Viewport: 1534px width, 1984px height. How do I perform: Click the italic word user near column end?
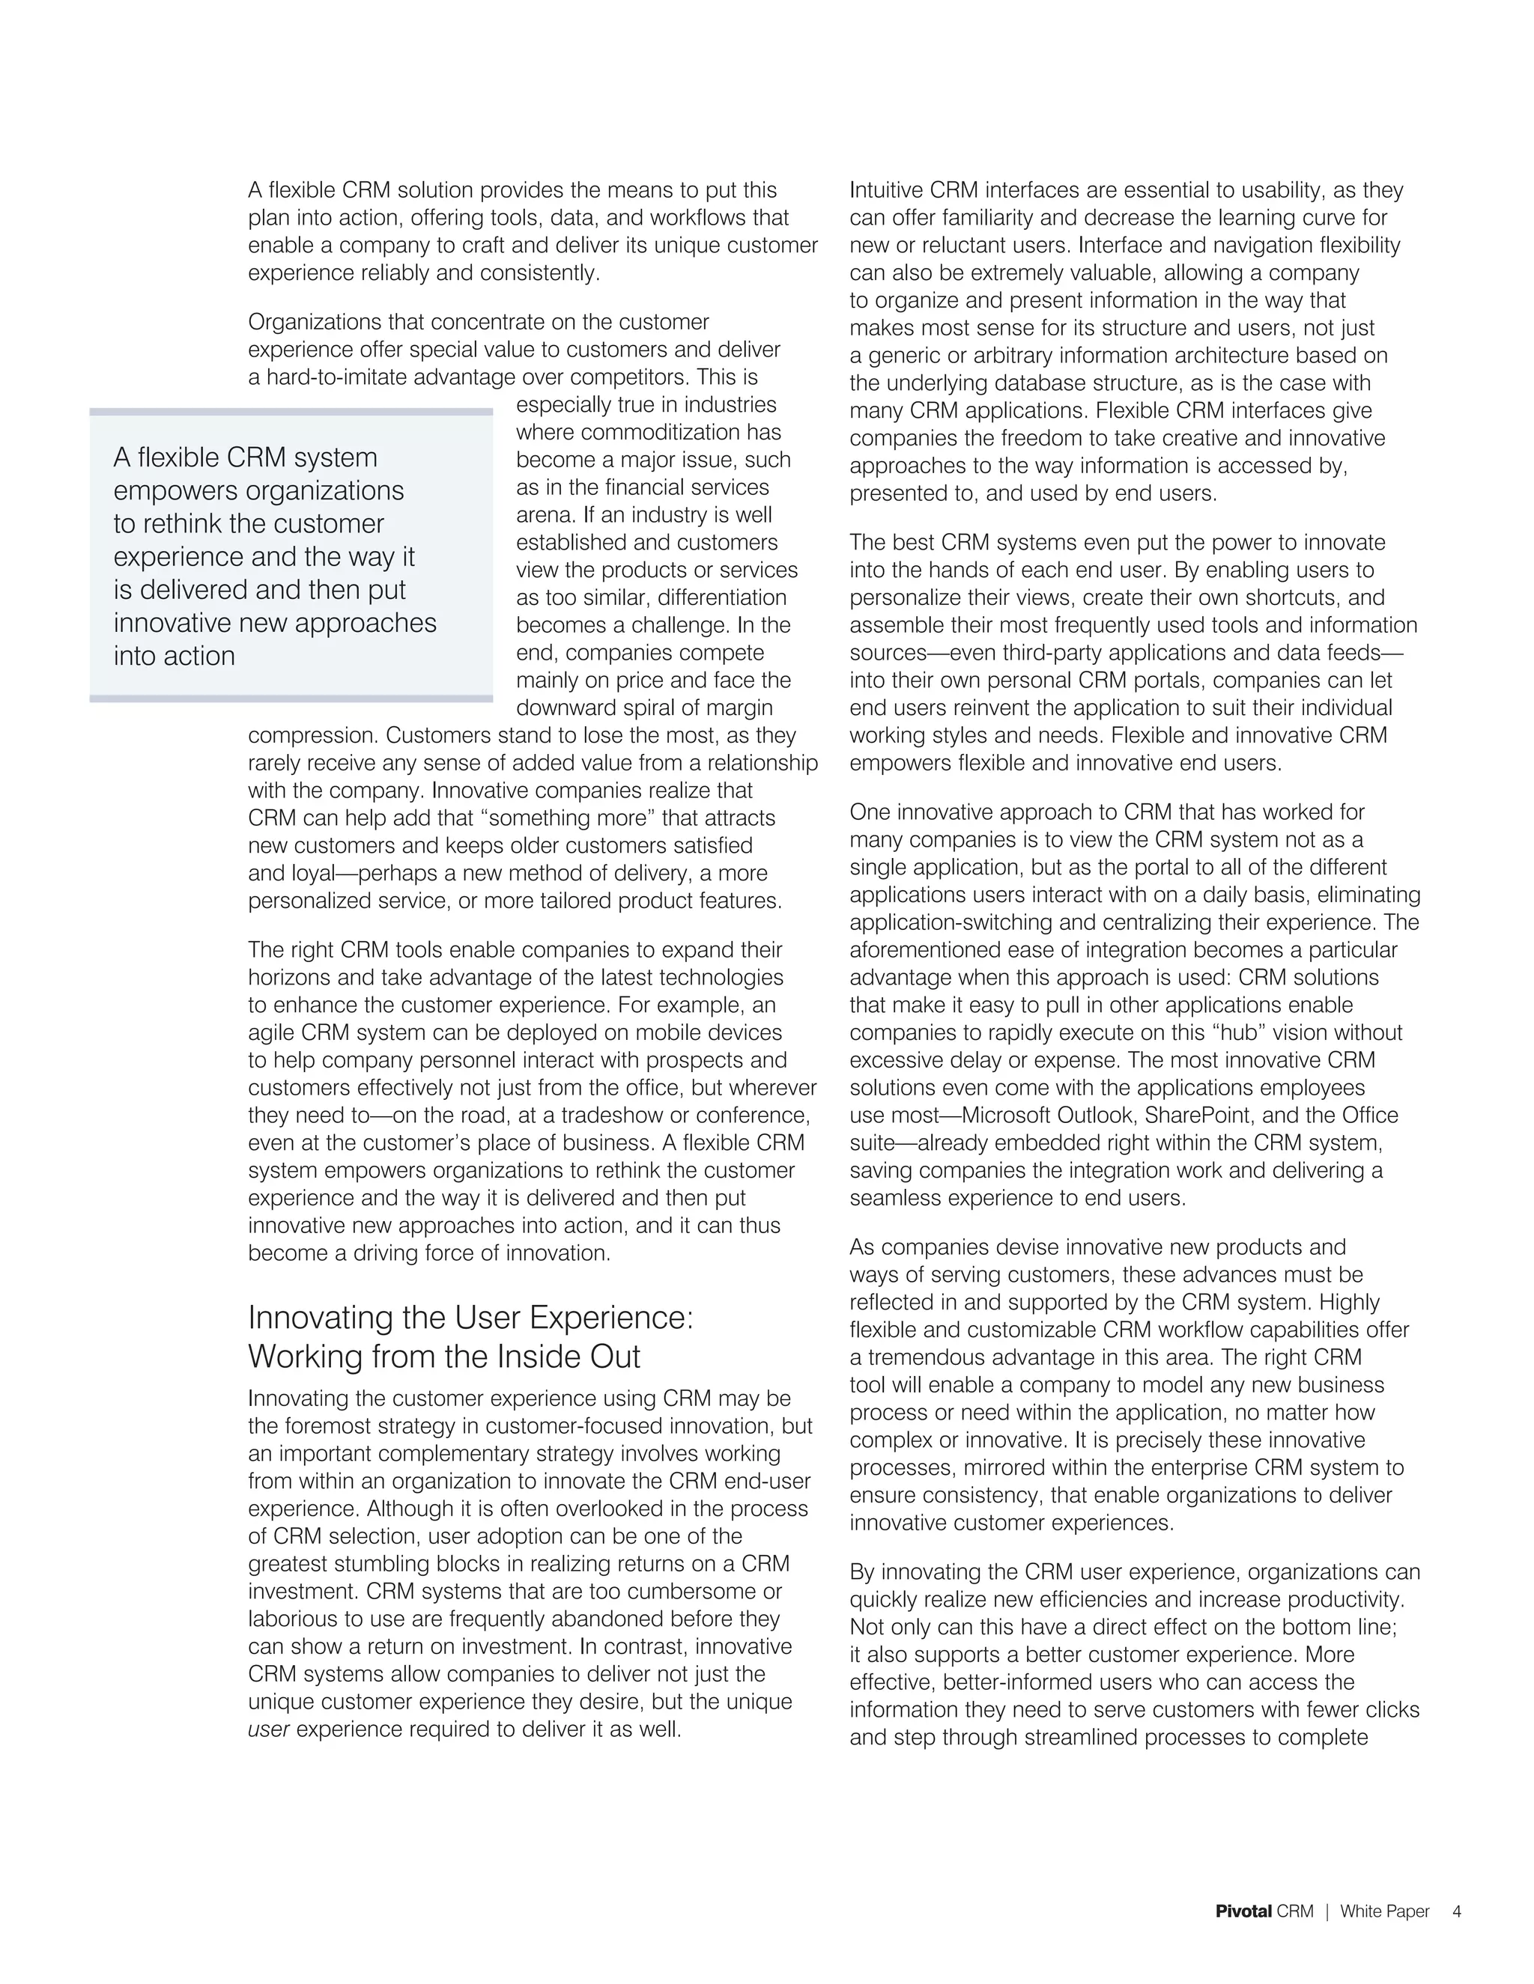pyautogui.click(x=268, y=1729)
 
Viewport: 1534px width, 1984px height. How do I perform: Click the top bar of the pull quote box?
pyautogui.click(x=291, y=412)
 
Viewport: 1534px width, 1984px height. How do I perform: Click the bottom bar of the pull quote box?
pyautogui.click(x=291, y=699)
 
